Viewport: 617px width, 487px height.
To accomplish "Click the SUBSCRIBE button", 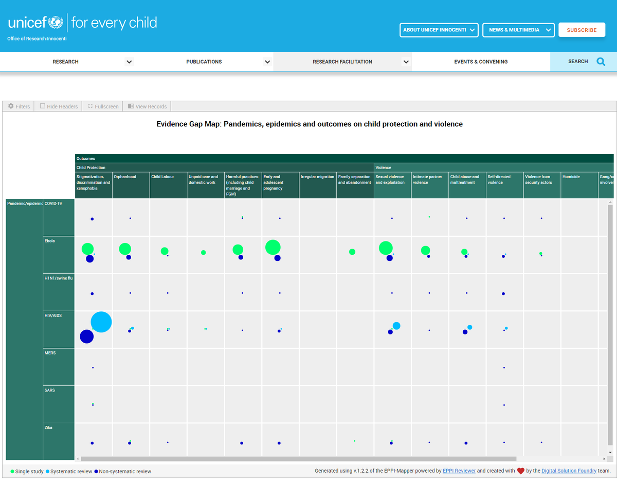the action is click(582, 30).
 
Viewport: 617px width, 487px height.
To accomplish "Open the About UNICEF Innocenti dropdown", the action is click(439, 30).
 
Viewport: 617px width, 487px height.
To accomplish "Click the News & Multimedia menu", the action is click(518, 30).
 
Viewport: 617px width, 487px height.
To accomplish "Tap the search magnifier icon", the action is click(601, 62).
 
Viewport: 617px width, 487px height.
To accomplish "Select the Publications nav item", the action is click(204, 62).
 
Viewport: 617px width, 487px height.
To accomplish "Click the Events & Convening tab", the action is click(481, 62).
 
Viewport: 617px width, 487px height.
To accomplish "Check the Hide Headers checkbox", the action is click(43, 106).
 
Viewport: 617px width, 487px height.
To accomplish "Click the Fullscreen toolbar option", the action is click(103, 106).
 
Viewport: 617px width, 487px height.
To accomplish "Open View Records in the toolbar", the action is click(147, 106).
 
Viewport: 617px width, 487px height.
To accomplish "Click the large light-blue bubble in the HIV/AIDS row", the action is click(101, 322).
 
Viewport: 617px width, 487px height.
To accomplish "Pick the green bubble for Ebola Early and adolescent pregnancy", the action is click(273, 247).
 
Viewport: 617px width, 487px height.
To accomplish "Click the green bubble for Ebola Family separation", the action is click(352, 252).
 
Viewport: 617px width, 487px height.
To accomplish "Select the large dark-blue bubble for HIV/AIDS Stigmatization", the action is click(86, 336).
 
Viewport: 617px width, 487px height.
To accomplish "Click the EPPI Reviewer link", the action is click(459, 471).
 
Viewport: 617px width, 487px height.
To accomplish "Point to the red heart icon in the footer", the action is click(521, 471).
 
